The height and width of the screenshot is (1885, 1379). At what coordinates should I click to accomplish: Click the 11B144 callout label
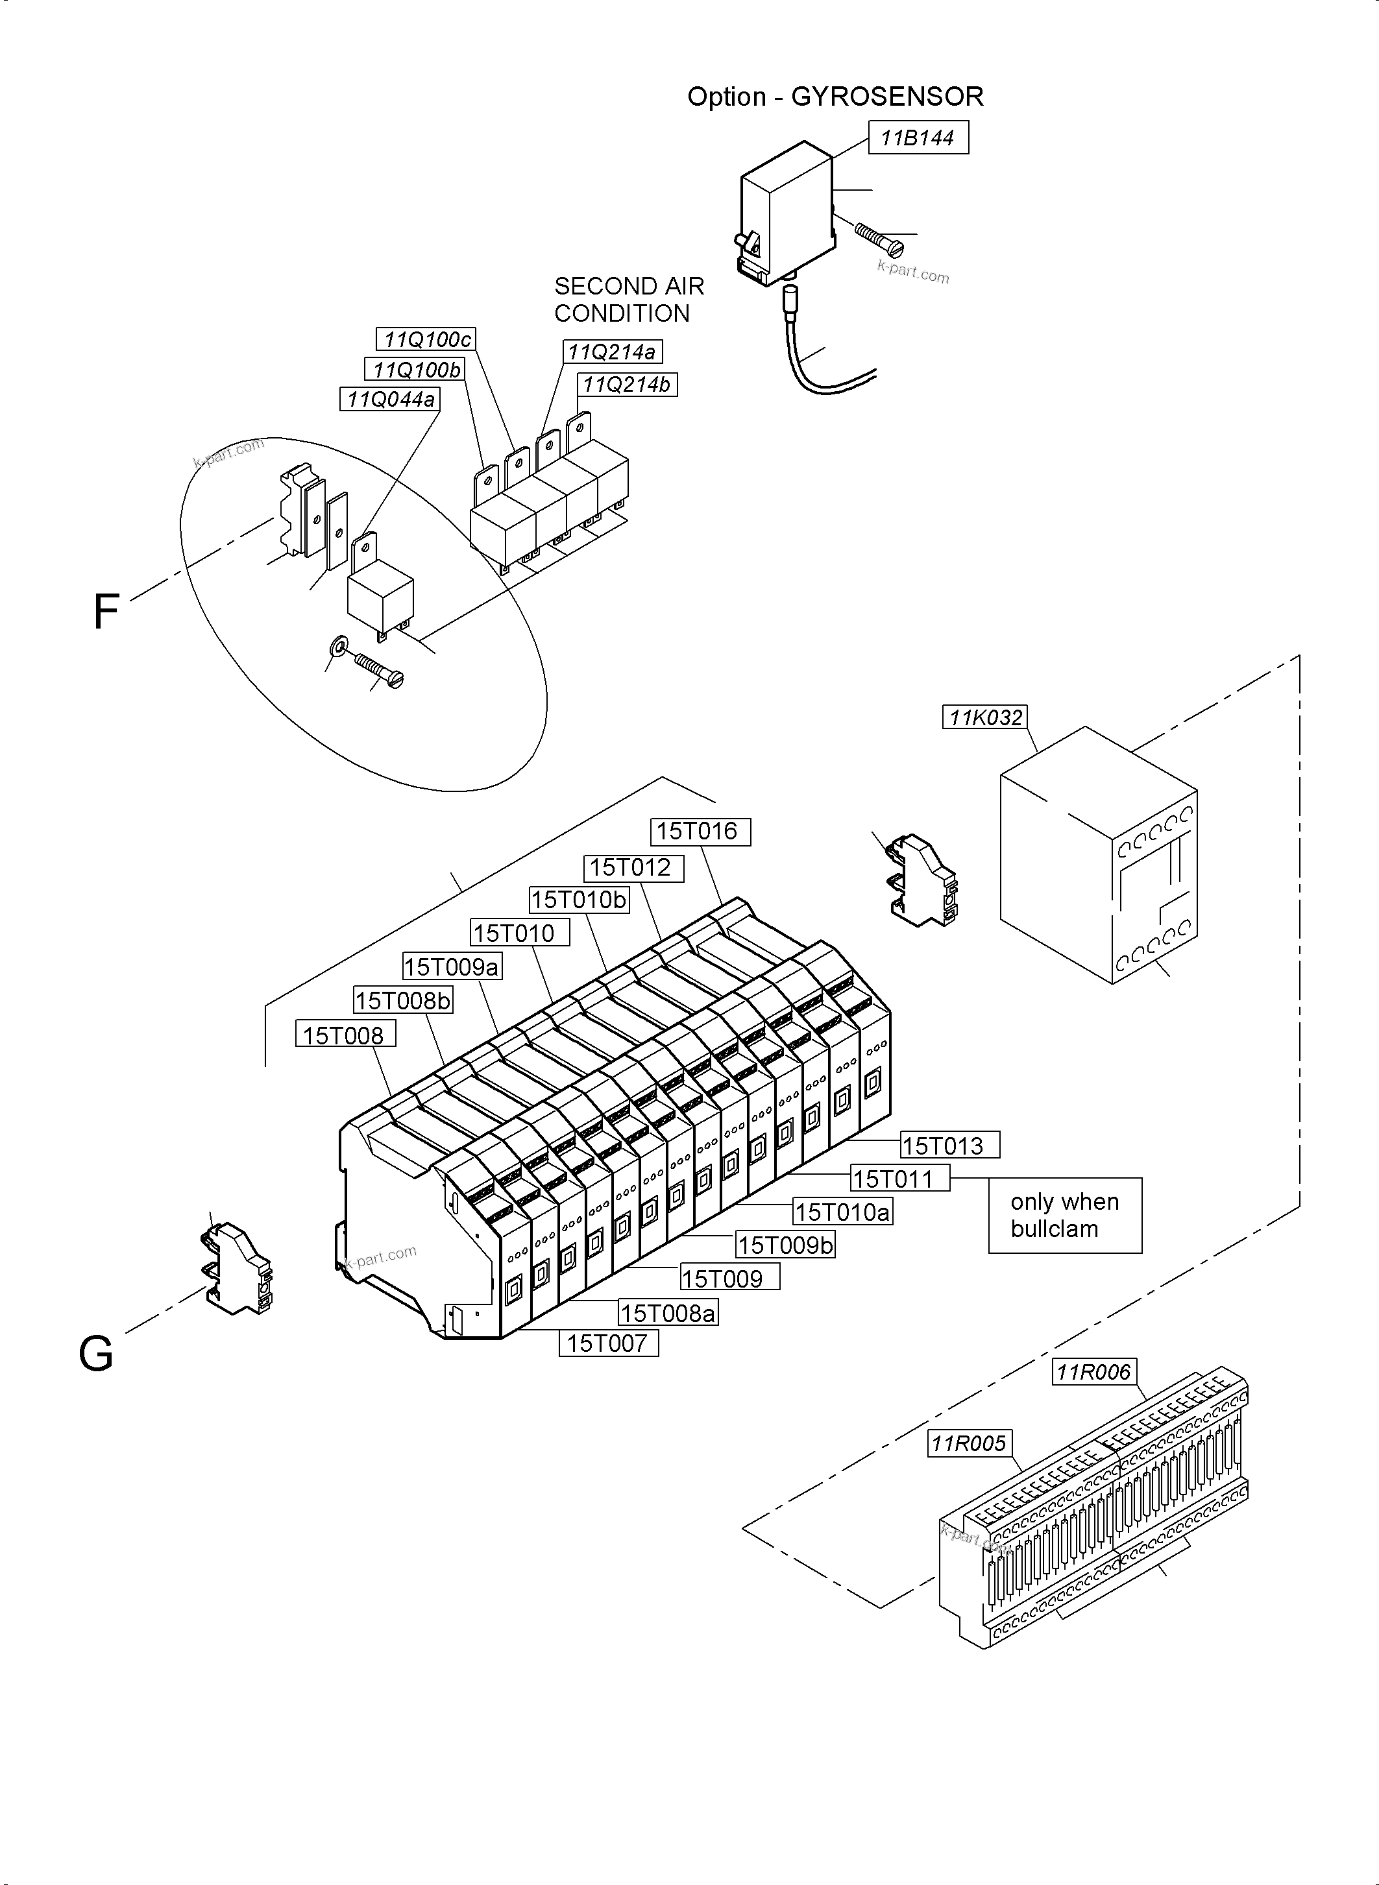coord(918,138)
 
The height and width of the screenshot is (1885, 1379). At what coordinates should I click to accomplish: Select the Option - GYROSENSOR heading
coord(835,97)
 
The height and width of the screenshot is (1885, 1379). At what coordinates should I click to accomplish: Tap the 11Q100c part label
coord(426,340)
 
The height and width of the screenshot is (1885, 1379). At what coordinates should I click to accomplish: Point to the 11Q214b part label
coord(627,385)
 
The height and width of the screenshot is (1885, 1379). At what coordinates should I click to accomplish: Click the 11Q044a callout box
coord(390,400)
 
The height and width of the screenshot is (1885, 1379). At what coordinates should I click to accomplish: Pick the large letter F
coord(105,612)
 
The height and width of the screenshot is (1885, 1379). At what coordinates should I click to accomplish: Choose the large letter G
coord(95,1354)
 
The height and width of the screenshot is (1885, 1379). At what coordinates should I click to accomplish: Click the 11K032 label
coord(985,717)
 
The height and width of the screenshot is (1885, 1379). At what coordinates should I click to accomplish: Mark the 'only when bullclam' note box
coord(1064,1215)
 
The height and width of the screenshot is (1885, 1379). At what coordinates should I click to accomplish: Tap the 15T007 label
coord(607,1343)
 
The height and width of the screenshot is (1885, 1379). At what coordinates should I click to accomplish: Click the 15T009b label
coord(785,1245)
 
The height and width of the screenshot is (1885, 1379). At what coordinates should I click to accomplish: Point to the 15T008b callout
coord(403,1000)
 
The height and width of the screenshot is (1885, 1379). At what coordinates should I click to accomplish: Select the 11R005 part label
coord(969,1443)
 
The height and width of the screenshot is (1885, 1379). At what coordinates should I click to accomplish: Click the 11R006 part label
coord(1093,1372)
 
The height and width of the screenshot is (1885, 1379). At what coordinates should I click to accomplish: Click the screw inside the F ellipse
coord(379,670)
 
